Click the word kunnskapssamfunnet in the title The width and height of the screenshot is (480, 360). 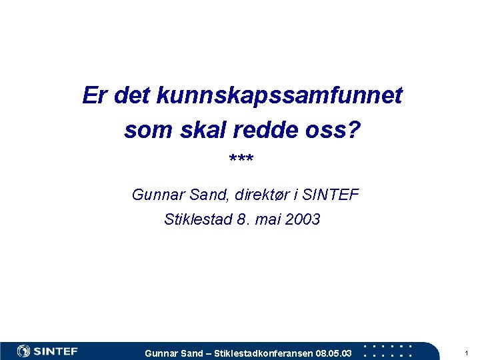[279, 97]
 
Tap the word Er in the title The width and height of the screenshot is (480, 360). [95, 96]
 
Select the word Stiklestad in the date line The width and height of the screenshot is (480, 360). [197, 219]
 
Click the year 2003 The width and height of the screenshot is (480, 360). [302, 219]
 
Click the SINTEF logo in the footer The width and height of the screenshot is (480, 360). [47, 351]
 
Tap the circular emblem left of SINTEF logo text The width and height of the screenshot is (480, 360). [23, 351]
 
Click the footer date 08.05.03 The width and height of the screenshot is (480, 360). [333, 353]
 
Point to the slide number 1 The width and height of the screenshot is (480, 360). [467, 352]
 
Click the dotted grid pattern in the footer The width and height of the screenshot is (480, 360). [391, 351]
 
